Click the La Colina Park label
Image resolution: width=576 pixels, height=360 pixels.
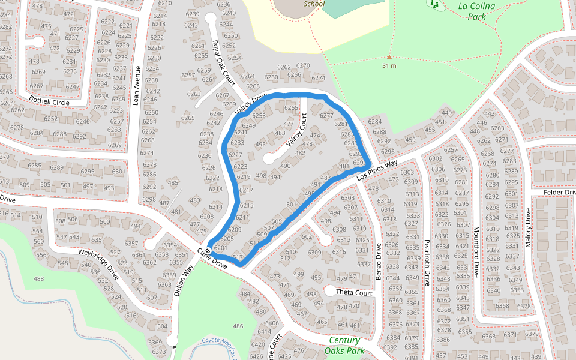click(480, 11)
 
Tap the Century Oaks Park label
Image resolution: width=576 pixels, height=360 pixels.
click(345, 345)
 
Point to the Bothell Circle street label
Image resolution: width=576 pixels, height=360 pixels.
click(49, 103)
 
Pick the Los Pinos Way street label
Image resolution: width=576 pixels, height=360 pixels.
click(377, 170)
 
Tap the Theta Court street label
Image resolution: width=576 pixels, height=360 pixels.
click(354, 293)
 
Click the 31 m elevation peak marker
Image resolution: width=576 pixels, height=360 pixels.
click(389, 58)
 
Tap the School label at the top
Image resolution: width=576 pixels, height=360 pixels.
click(314, 4)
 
